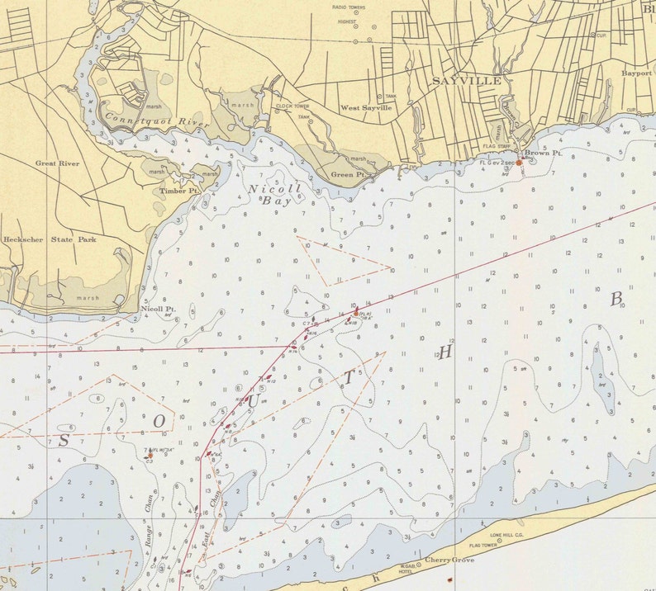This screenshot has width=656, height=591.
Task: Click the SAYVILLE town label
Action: (466, 82)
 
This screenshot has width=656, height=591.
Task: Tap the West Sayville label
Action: (366, 108)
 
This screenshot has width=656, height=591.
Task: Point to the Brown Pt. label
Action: (544, 154)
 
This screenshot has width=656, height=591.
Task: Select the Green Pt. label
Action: (348, 175)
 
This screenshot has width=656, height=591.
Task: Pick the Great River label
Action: (57, 163)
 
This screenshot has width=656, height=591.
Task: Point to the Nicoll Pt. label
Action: (157, 309)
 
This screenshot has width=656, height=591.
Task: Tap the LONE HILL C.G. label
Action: (507, 535)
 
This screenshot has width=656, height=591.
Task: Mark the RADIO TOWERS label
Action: (349, 7)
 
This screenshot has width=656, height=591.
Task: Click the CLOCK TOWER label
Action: (292, 106)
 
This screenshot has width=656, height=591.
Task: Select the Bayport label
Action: (637, 73)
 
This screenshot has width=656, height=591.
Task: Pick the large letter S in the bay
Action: (64, 441)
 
